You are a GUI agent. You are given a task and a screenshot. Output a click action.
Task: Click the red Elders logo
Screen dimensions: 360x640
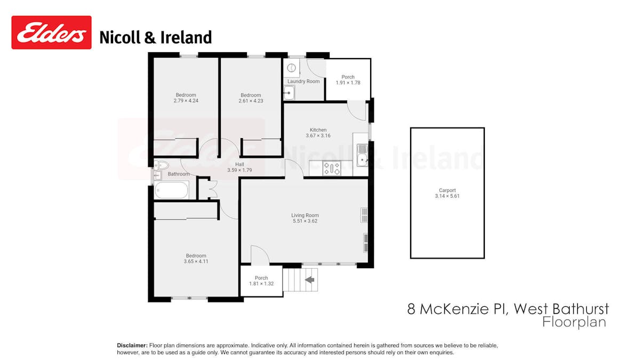tap(51, 33)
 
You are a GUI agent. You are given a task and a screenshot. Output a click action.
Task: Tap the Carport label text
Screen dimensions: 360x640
tap(447, 190)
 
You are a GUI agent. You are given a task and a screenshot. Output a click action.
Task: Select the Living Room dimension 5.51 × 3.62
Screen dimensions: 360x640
tap(305, 221)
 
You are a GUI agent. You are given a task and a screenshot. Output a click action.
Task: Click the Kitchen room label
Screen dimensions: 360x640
tap(318, 130)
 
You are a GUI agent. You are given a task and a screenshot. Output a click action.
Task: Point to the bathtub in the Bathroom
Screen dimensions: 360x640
tap(171, 190)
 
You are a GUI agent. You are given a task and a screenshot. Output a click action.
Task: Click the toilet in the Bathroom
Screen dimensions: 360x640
tap(161, 165)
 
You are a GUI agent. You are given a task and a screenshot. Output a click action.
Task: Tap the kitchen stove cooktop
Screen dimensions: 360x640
tap(332, 169)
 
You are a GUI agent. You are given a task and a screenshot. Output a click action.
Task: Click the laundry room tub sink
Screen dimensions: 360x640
tap(289, 93)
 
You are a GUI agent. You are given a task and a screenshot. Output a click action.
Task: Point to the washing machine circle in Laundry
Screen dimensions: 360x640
tap(291, 68)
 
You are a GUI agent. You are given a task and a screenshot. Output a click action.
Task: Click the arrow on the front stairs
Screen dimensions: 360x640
tap(309, 278)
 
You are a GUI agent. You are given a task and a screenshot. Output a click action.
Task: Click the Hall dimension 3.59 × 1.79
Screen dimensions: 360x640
tap(239, 170)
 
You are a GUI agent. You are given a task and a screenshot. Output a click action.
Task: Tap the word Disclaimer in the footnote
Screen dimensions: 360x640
tap(132, 346)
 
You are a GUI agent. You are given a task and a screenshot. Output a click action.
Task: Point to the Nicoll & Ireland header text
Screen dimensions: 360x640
tap(156, 37)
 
